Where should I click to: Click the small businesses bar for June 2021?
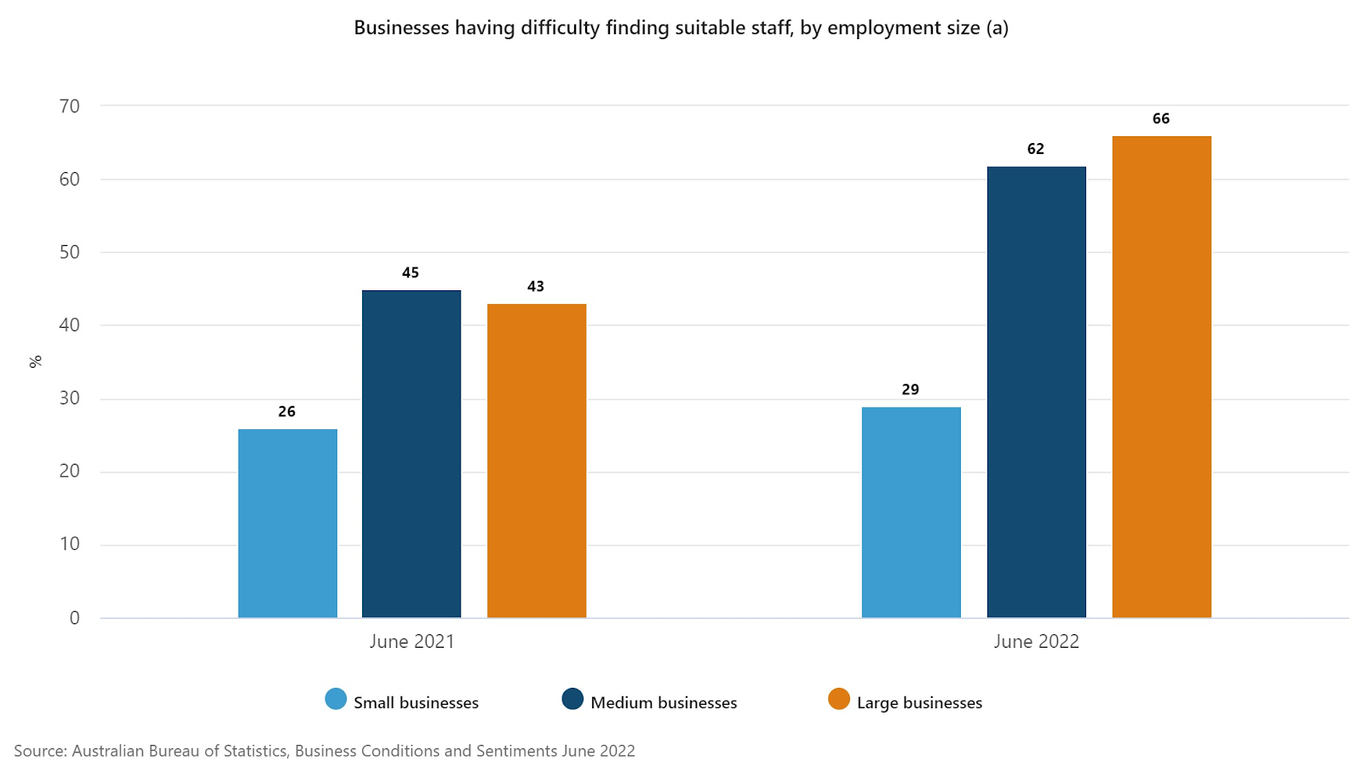coord(287,523)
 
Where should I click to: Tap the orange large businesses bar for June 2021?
coord(537,461)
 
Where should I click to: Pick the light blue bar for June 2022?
coord(911,512)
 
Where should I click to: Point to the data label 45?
coord(411,273)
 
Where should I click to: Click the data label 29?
coord(911,390)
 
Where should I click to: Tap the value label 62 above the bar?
coord(1036,149)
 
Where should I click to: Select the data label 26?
coord(287,412)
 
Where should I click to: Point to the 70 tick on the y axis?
coord(70,106)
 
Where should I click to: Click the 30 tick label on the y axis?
coord(70,398)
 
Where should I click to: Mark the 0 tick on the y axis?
coord(75,618)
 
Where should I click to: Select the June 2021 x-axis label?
coord(411,642)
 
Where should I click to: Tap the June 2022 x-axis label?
coord(1036,642)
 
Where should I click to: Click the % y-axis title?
coord(36,362)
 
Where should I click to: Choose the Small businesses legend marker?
coord(336,700)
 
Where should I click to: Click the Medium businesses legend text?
coord(664,703)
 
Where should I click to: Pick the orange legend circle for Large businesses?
coord(839,700)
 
